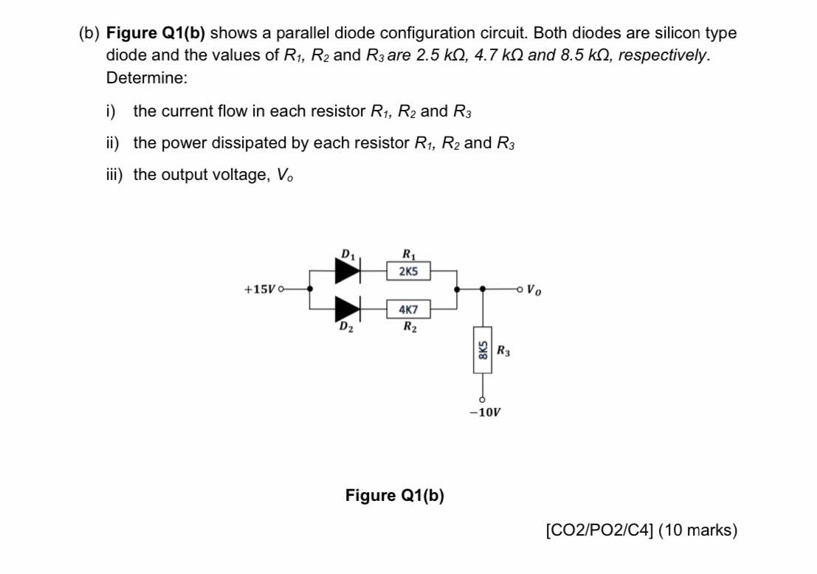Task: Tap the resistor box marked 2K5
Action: point(408,272)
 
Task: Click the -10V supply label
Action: point(484,412)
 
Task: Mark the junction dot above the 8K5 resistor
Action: point(483,289)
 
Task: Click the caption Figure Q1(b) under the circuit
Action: point(395,495)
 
